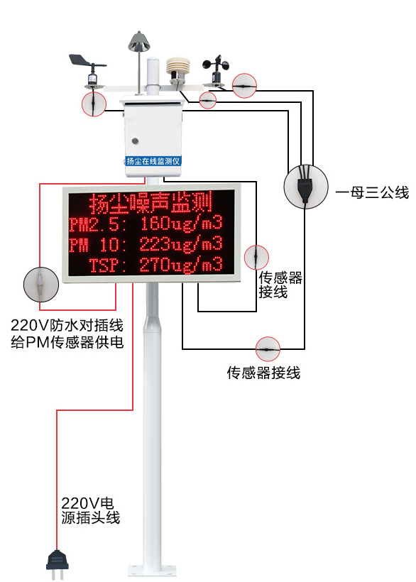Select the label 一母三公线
click(372, 192)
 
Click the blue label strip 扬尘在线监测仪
click(153, 161)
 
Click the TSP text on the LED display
click(106, 266)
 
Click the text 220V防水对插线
click(67, 326)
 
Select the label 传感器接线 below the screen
click(263, 373)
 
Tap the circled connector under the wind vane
click(94, 104)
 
